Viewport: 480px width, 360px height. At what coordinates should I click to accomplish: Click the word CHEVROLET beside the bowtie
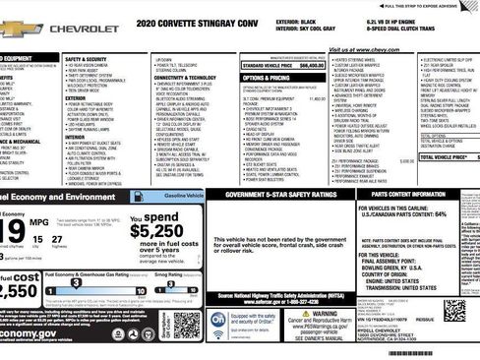click(85, 30)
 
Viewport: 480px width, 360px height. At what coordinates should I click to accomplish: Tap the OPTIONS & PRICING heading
click(266, 76)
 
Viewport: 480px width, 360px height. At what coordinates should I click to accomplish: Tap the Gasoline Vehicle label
click(182, 197)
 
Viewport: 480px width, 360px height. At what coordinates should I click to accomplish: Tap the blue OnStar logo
click(220, 321)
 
